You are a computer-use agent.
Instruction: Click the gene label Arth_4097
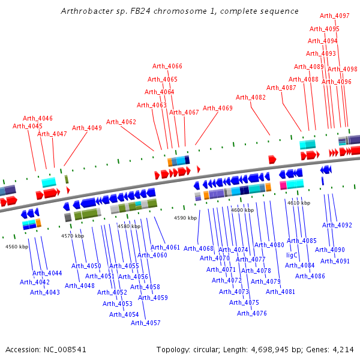point(335,16)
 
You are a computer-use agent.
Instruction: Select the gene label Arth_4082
point(251,97)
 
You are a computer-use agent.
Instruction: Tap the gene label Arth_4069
point(217,108)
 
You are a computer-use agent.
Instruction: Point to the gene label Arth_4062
point(121,122)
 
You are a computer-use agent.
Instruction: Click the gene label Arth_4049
point(87,128)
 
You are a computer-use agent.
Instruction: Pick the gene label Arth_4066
point(167,66)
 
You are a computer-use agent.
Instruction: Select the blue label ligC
point(292,255)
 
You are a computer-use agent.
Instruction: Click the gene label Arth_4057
point(146,323)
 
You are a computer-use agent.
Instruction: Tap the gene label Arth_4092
point(337,225)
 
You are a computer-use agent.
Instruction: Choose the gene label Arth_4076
point(252,313)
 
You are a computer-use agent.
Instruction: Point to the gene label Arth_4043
point(45,292)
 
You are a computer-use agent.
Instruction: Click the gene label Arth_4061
point(165,247)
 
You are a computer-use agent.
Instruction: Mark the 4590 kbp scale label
point(185,218)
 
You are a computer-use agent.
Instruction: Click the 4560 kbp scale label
point(17,247)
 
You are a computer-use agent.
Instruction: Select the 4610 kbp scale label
point(299,203)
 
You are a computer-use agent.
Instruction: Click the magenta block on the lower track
point(283,185)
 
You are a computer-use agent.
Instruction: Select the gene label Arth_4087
point(281,88)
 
